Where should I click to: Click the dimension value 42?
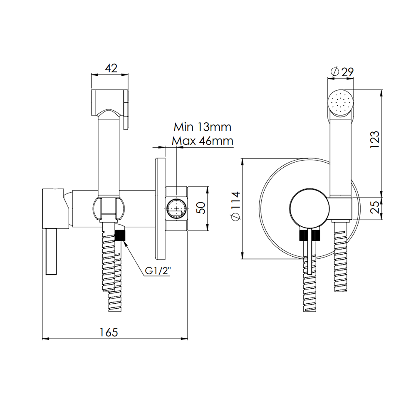(x=111, y=68)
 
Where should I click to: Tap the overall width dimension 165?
(x=109, y=332)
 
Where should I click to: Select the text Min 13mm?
(x=203, y=126)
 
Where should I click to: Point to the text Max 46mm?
(x=203, y=141)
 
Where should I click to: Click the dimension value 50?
(x=201, y=208)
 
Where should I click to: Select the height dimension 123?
(x=375, y=140)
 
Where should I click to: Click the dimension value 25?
(x=375, y=206)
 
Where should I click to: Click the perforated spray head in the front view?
(x=341, y=102)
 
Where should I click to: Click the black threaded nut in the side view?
(x=120, y=235)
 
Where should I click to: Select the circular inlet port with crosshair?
(x=177, y=208)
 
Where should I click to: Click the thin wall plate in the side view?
(x=160, y=208)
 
